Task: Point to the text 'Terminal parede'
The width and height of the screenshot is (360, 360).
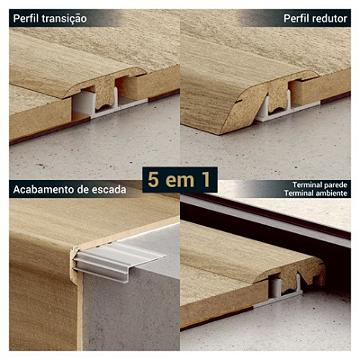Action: click(x=315, y=185)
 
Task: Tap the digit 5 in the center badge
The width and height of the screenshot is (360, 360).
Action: click(x=154, y=179)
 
